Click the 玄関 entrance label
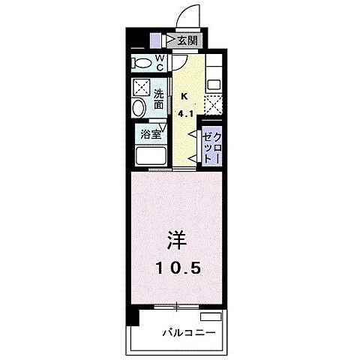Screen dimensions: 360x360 coord(187,40)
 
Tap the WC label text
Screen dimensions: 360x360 coord(160,62)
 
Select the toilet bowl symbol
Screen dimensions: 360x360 coord(139,61)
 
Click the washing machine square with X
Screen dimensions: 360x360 coord(140,86)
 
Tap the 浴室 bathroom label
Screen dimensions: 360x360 coord(151,135)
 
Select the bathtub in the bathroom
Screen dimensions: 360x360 coord(151,157)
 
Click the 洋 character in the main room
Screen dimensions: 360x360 coord(175,242)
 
